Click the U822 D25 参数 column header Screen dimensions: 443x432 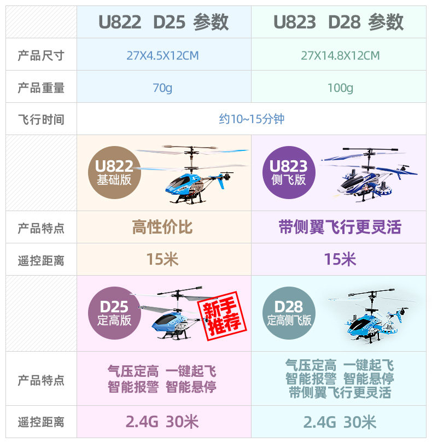[164, 22]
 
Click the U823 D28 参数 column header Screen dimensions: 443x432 [338, 22]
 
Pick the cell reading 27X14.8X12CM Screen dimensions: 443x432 [340, 56]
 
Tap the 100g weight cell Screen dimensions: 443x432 [340, 88]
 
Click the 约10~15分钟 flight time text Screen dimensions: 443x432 [252, 119]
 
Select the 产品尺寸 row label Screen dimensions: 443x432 [41, 56]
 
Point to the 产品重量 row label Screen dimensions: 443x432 [41, 88]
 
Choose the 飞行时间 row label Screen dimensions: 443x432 [41, 119]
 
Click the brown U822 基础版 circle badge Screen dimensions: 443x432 [114, 172]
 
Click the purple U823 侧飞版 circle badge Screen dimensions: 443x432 [289, 172]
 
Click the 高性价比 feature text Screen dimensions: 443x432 [162, 227]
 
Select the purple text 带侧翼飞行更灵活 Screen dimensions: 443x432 [340, 227]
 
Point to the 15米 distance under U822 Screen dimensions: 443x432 [162, 259]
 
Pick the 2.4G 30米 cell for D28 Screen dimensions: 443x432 [340, 422]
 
